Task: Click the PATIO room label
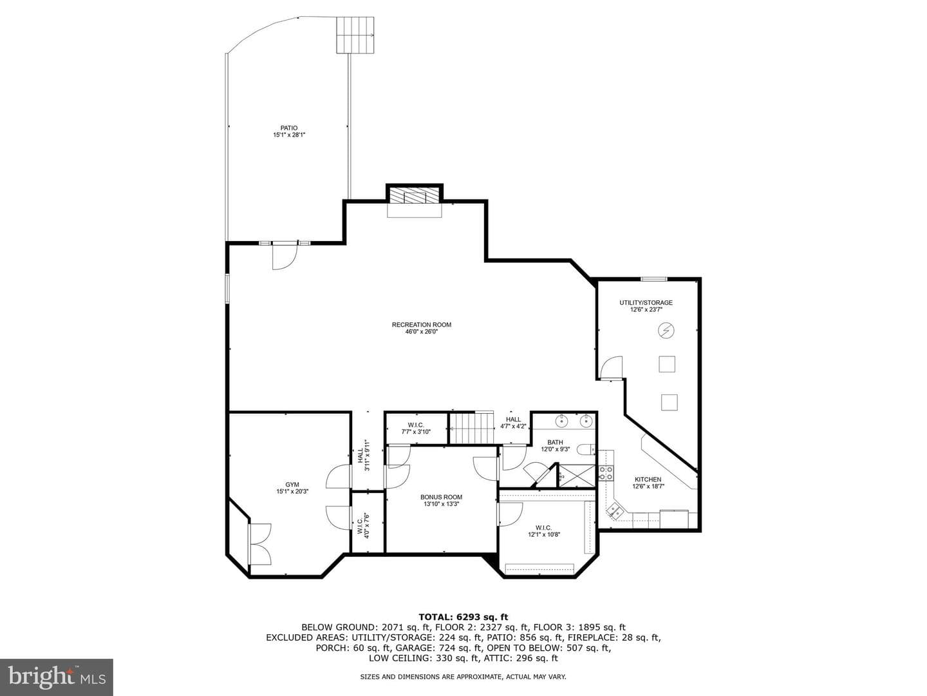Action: point(289,128)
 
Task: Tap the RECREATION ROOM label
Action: point(422,325)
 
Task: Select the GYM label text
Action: point(292,485)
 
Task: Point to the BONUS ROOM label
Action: point(442,497)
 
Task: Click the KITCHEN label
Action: point(648,479)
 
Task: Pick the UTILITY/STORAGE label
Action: point(646,303)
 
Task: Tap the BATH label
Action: point(555,443)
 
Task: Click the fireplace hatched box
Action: point(415,196)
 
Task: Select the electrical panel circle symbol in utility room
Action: point(666,330)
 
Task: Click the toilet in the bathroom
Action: point(587,449)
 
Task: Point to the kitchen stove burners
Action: point(606,473)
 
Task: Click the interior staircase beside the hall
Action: point(471,429)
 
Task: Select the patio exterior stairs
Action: point(355,35)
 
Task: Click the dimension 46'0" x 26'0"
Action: point(422,332)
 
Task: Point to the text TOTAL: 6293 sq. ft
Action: point(464,617)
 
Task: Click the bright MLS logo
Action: point(57,677)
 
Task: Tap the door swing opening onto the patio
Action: point(285,257)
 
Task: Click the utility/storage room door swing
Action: point(611,368)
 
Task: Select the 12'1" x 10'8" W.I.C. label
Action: point(544,531)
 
